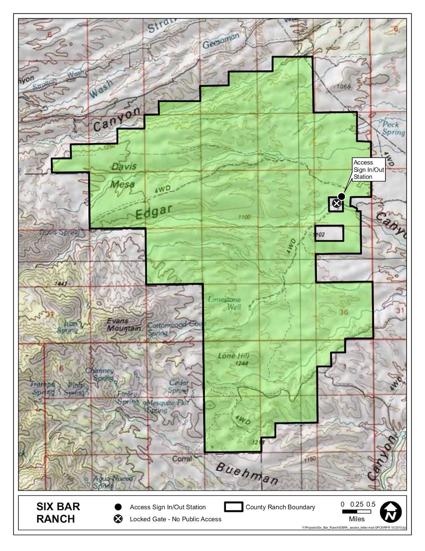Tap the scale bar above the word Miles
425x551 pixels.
tap(356, 512)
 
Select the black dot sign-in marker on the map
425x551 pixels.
tap(341, 196)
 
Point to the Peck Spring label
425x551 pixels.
tap(393, 128)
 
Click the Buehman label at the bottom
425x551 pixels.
tap(246, 473)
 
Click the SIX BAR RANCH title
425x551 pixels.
tap(58, 512)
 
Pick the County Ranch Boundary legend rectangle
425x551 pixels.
tap(233, 507)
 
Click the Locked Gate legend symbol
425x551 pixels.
tap(118, 519)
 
